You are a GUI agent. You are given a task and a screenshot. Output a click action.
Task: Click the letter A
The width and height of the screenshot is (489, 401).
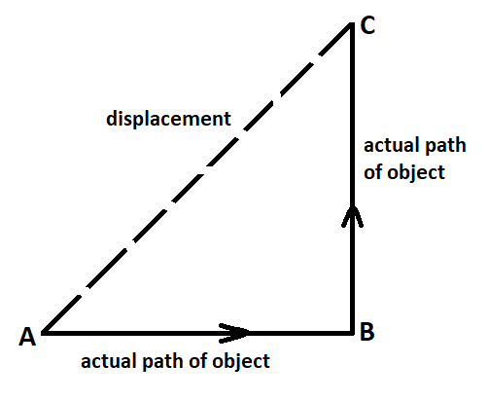click(27, 337)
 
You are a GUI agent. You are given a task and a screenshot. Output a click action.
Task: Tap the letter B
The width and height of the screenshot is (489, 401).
click(367, 332)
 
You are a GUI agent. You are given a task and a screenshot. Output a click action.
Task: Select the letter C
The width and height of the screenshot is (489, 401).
click(367, 25)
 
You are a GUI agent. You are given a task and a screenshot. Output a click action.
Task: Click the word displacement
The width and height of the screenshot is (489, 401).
click(168, 119)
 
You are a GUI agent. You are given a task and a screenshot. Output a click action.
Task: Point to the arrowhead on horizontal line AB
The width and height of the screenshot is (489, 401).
click(234, 333)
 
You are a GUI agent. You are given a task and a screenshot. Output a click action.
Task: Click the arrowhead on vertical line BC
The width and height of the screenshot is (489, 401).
click(353, 216)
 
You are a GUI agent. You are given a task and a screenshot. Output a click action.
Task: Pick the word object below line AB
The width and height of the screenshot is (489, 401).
click(241, 362)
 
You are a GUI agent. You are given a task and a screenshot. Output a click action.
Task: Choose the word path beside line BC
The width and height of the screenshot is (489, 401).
click(445, 146)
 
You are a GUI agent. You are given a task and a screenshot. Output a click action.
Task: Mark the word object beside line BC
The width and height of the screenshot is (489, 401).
click(416, 173)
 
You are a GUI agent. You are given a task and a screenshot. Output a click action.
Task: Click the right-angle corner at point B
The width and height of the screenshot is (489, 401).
click(352, 333)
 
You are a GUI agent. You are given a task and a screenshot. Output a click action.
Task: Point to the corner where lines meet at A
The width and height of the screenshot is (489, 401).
click(43, 333)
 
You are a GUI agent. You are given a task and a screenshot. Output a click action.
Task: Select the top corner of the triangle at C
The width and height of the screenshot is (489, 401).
click(352, 23)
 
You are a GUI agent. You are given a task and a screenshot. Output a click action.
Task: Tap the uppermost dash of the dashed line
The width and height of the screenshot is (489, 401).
click(335, 39)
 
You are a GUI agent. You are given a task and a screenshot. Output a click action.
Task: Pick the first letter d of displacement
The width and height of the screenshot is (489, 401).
click(112, 119)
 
